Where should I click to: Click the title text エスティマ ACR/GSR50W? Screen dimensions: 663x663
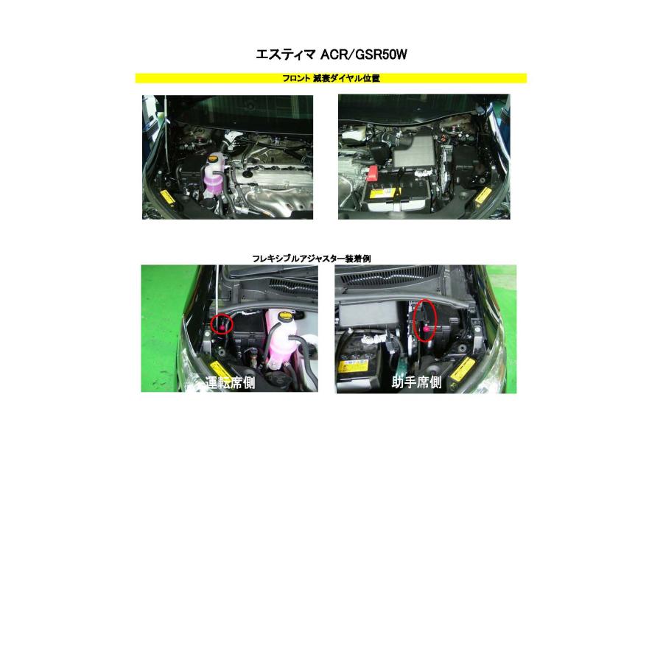pyautogui.click(x=331, y=55)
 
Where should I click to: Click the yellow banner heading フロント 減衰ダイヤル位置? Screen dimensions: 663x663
pyautogui.click(x=331, y=78)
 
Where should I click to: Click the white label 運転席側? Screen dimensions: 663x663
pyautogui.click(x=231, y=382)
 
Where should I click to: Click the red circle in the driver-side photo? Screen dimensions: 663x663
pyautogui.click(x=222, y=323)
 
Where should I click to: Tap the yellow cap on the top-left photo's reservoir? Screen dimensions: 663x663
pyautogui.click(x=214, y=158)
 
